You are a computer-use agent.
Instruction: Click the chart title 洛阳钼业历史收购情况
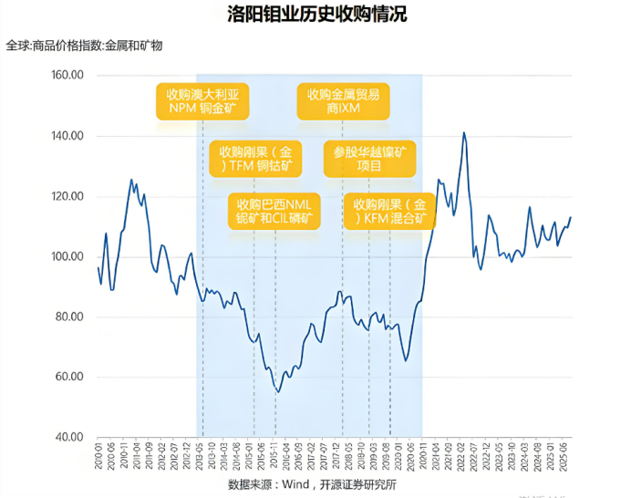pos(315,15)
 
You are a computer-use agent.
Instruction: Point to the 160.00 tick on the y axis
pos(67,75)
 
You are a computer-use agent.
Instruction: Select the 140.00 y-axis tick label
pos(67,136)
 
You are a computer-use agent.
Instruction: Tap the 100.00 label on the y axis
pos(67,256)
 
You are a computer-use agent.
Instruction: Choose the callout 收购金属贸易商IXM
pos(343,101)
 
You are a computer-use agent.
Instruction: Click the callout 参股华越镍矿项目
pos(368,158)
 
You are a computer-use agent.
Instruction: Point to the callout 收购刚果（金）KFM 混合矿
pos(389,211)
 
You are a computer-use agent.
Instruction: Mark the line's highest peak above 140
pos(464,133)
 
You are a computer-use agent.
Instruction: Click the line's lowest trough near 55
pos(278,391)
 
